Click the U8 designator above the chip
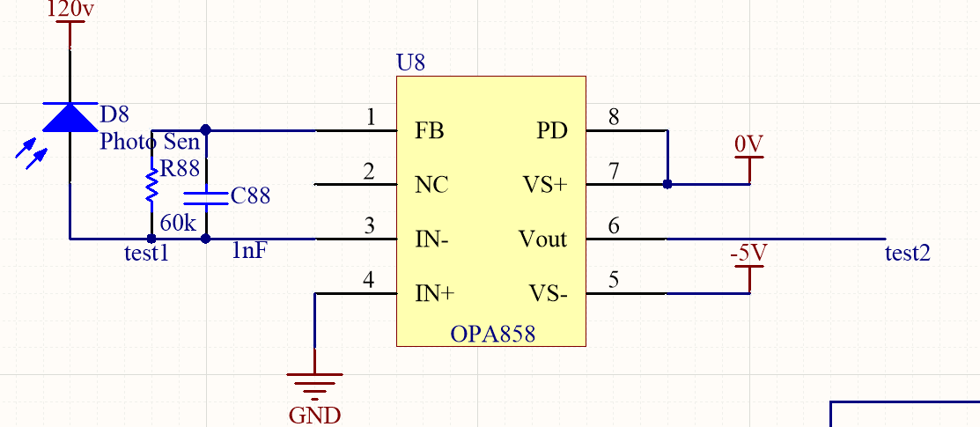pyautogui.click(x=412, y=63)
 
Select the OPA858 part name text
pyautogui.click(x=492, y=335)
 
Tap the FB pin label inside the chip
pyautogui.click(x=429, y=132)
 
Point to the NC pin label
pyautogui.click(x=431, y=186)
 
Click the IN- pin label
pyautogui.click(x=432, y=239)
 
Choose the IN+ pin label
pyautogui.click(x=434, y=293)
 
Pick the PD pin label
pyautogui.click(x=552, y=132)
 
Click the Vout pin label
pyautogui.click(x=543, y=239)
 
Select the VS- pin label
pyautogui.click(x=548, y=293)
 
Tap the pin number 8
pyautogui.click(x=614, y=116)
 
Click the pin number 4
pyautogui.click(x=369, y=280)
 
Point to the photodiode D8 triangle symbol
pyautogui.click(x=70, y=117)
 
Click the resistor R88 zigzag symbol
pyautogui.click(x=152, y=185)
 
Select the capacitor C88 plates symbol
pyautogui.click(x=206, y=196)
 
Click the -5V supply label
pyautogui.click(x=748, y=254)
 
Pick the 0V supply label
pyautogui.click(x=748, y=144)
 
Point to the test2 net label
pyautogui.click(x=908, y=254)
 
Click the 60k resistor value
pyautogui.click(x=178, y=223)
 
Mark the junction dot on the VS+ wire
pyautogui.click(x=667, y=185)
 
